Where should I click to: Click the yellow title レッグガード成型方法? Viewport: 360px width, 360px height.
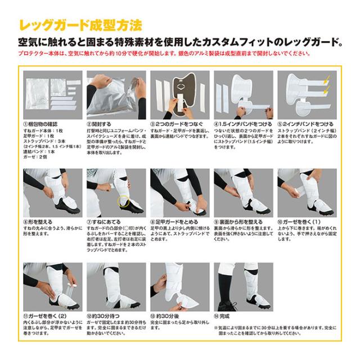(79, 25)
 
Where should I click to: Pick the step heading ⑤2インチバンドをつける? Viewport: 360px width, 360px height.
(304, 124)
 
